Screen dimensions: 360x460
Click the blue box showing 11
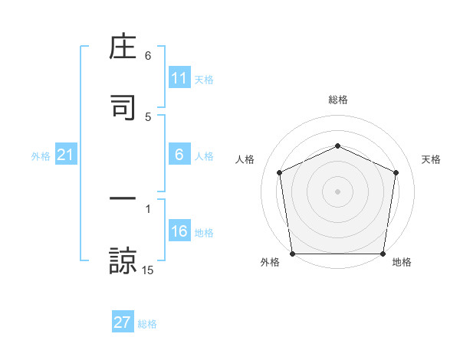(179, 78)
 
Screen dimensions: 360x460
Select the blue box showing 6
(179, 155)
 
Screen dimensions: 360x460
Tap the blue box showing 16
(179, 231)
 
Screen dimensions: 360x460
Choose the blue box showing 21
(65, 155)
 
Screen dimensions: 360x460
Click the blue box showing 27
(123, 322)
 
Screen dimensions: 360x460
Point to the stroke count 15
(148, 270)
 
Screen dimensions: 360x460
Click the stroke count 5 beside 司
(148, 117)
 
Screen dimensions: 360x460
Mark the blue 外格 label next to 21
(41, 156)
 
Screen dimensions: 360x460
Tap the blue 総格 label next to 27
(147, 323)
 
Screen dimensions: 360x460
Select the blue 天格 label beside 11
(203, 79)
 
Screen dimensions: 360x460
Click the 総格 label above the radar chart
(337, 100)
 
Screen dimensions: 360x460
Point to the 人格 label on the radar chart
(245, 159)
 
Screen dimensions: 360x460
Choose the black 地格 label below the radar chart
(402, 262)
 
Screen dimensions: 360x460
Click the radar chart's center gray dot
(337, 191)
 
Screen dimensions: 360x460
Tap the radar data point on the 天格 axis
(396, 172)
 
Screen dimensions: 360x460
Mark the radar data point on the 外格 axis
(292, 253)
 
